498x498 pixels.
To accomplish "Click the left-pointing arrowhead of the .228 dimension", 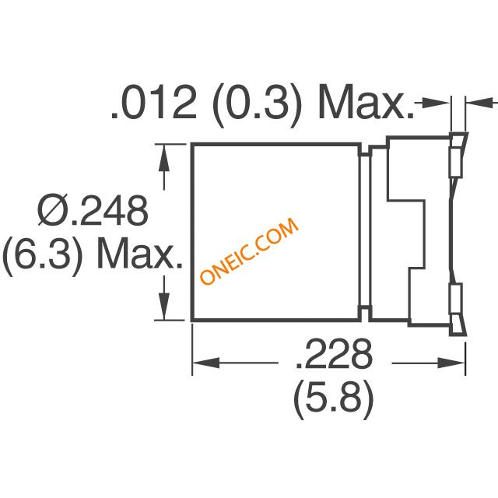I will coord(202,362).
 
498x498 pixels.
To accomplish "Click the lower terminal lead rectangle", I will coord(455,301).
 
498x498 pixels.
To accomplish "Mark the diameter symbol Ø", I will coord(52,212).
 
